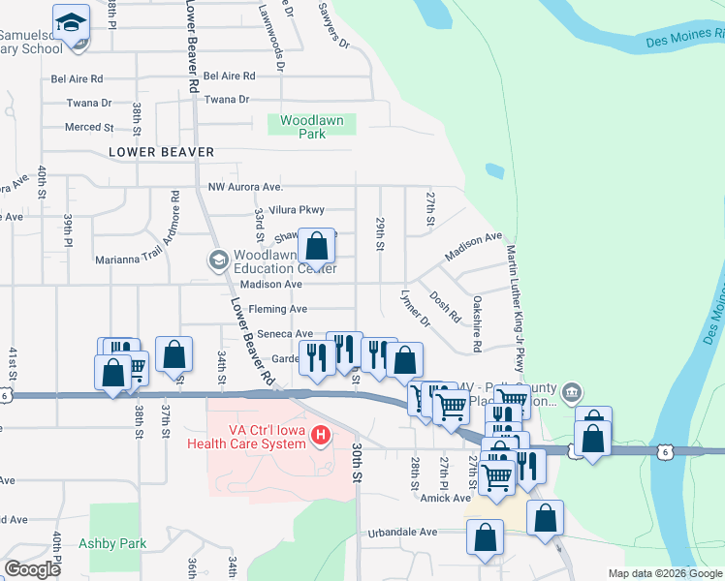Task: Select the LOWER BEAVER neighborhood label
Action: [x=161, y=152]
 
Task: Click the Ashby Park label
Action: [x=112, y=543]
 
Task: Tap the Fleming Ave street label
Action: [x=277, y=309]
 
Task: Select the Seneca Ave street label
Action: [x=284, y=334]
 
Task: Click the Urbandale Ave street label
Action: [x=402, y=532]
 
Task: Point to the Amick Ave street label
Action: [x=446, y=498]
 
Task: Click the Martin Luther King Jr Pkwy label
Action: [x=515, y=306]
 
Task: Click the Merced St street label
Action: [x=89, y=127]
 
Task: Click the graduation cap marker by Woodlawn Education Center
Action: [x=218, y=260]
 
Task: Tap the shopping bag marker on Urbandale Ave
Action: [x=485, y=537]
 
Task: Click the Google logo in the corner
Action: [x=32, y=569]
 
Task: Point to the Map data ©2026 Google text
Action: [x=666, y=573]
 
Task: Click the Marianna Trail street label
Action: [x=126, y=260]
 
